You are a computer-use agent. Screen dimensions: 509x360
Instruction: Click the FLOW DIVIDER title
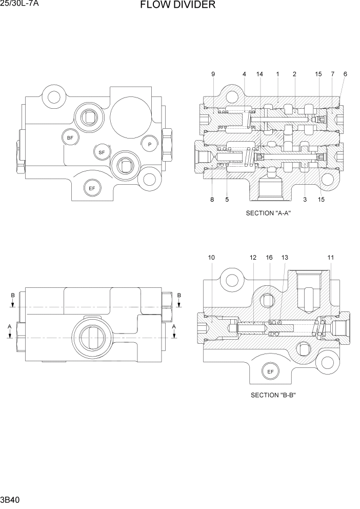pos(177,6)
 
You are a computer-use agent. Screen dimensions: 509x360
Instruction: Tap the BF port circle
pos(70,137)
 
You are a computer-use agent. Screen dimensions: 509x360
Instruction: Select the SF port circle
pos(102,152)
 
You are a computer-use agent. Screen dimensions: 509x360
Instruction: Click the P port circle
pos(150,144)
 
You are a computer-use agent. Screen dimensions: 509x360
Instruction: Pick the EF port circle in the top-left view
pos(92,188)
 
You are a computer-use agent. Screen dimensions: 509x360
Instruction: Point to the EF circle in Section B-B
pos(270,371)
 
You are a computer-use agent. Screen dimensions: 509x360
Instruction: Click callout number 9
pos(213,74)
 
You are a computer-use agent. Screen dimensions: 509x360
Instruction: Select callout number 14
pos(259,74)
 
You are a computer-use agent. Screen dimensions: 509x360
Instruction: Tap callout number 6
pos(345,74)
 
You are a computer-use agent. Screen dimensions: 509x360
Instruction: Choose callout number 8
pos(212,200)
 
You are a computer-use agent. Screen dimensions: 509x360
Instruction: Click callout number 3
pos(305,200)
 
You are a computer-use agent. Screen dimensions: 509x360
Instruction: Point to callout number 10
pos(211,257)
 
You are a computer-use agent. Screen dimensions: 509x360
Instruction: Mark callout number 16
pos(269,257)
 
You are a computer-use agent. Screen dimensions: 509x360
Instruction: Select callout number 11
pos(331,257)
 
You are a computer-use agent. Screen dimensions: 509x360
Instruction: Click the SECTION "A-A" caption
pos(268,213)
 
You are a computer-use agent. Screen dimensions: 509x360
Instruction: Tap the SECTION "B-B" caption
pos(274,395)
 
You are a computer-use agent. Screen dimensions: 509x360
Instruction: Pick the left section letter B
pos(13,295)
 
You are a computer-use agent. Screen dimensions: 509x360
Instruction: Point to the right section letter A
pos(174,326)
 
